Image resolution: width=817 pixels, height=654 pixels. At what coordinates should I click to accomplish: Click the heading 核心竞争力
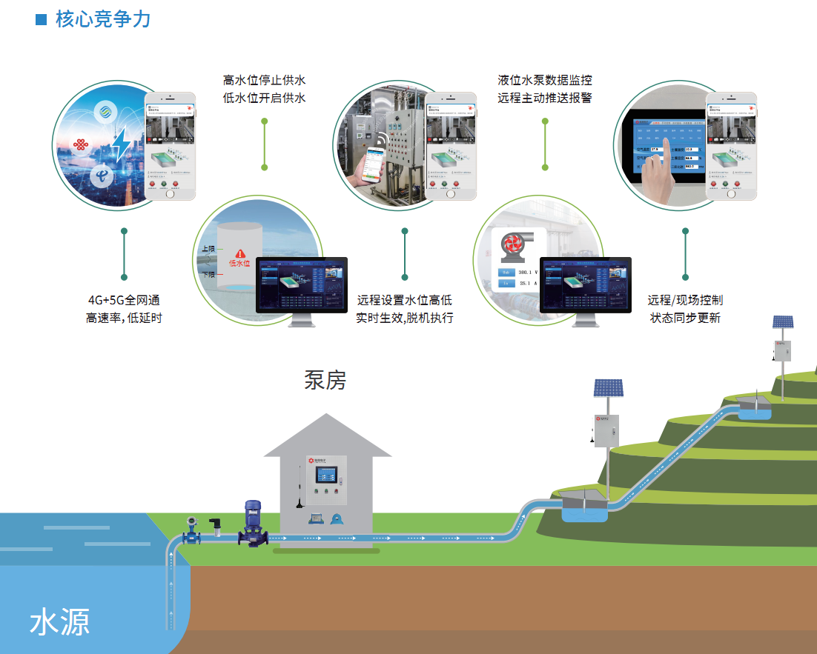click(103, 19)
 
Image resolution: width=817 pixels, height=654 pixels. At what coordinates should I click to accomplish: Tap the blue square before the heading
click(42, 19)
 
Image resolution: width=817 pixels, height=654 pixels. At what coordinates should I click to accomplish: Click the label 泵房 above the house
click(325, 380)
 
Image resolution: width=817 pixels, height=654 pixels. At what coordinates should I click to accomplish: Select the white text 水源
click(60, 622)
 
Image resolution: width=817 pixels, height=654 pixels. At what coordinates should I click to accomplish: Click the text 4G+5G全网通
click(124, 301)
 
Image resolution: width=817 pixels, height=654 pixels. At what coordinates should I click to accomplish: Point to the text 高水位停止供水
click(265, 80)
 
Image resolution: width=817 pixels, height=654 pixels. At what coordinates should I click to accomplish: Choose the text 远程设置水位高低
click(404, 301)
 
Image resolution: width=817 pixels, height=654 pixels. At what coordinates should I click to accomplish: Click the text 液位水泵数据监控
click(545, 80)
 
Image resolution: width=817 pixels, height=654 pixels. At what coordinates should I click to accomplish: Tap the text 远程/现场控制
click(685, 301)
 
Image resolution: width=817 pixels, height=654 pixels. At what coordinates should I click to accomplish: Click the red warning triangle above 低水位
click(239, 253)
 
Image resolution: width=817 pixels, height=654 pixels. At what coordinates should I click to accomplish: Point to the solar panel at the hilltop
click(783, 322)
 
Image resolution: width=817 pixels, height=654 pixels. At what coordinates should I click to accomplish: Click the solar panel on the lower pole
click(608, 388)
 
